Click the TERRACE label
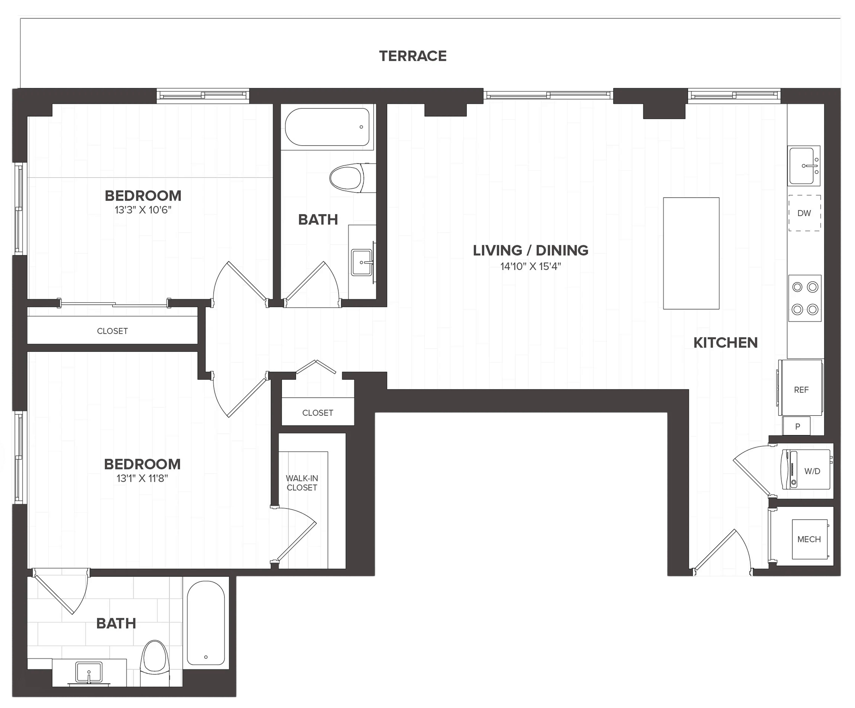[413, 56]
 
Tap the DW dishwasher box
[804, 213]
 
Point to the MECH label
[809, 539]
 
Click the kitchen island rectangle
[691, 253]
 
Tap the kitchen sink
[804, 166]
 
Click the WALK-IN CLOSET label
[302, 483]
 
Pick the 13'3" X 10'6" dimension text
[143, 210]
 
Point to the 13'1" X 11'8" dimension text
[142, 478]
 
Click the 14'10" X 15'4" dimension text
[531, 266]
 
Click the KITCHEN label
[726, 343]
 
